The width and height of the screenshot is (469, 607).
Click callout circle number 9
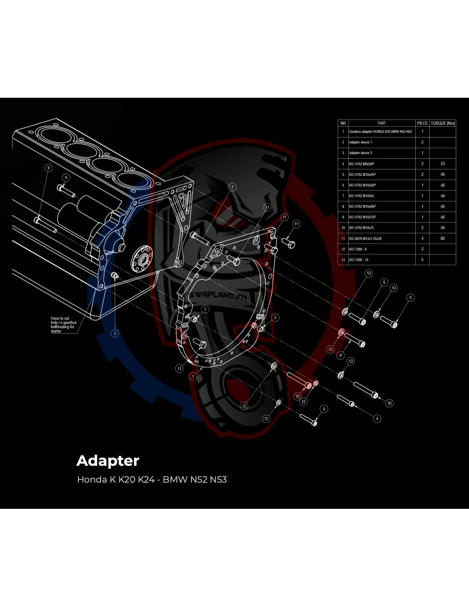(49, 168)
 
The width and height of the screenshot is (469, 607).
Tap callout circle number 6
(66, 177)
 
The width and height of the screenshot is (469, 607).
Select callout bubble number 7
(232, 187)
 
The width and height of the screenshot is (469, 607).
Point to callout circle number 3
(115, 333)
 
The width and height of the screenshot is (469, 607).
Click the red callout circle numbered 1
(193, 377)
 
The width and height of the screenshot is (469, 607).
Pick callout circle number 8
(341, 355)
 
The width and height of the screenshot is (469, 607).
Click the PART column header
(382, 123)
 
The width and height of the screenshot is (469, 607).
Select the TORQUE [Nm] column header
(443, 123)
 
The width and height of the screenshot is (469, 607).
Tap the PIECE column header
(422, 123)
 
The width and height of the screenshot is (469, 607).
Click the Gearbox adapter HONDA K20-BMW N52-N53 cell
(381, 131)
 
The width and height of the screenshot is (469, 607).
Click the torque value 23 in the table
(443, 163)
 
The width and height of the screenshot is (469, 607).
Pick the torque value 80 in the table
(443, 238)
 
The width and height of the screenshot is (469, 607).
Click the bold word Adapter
(108, 461)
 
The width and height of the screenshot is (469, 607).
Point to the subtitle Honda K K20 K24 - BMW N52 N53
(152, 479)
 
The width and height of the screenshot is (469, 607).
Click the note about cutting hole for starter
(64, 324)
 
